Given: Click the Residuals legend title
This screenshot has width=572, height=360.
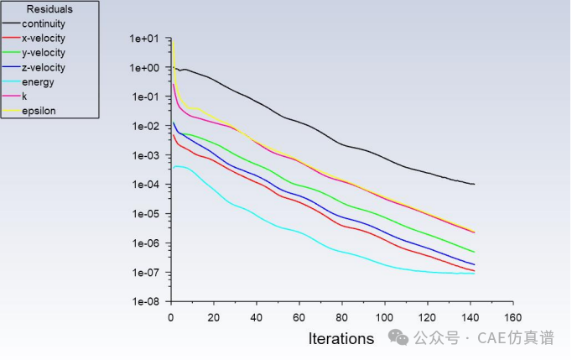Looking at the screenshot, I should [x=49, y=9].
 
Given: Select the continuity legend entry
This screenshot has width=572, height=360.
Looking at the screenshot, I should [x=44, y=23].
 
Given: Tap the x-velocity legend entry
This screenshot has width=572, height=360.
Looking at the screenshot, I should [x=44, y=38].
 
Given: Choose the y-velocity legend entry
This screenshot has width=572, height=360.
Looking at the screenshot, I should [x=44, y=53].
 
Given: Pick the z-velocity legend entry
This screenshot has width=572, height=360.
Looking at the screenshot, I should [x=44, y=67].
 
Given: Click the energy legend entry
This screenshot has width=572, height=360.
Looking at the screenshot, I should [x=39, y=82].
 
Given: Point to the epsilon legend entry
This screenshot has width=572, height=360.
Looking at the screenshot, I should [x=39, y=111].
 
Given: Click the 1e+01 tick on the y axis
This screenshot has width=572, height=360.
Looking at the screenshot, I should [x=144, y=39].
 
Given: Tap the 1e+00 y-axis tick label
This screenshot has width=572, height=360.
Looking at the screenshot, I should [x=144, y=68].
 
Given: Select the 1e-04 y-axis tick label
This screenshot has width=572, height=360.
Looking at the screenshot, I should [x=144, y=185].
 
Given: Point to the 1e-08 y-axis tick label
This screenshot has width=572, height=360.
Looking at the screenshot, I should [x=144, y=302].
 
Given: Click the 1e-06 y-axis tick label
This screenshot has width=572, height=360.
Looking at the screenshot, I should [x=144, y=244].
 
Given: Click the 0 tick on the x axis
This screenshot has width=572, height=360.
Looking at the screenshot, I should [x=171, y=317].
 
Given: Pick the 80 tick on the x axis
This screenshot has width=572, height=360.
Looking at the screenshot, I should [x=341, y=317].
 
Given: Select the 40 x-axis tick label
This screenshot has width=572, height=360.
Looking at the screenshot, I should [x=256, y=317].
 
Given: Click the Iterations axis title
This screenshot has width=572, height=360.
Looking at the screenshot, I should [x=341, y=339].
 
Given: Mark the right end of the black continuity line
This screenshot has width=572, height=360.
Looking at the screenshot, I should [x=474, y=184].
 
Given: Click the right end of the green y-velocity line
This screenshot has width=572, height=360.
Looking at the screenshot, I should [x=474, y=252].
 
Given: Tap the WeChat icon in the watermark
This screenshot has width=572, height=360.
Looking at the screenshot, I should [x=398, y=337].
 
